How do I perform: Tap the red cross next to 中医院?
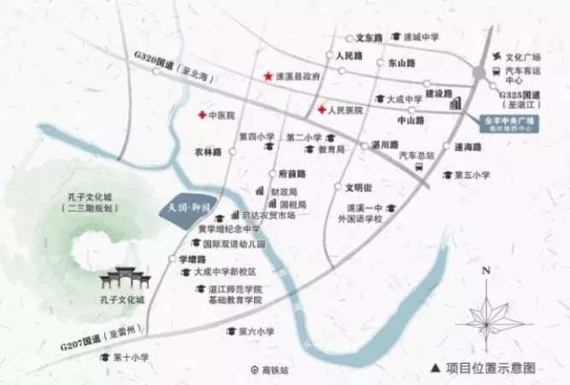click(x=202, y=115)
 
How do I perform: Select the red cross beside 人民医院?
click(x=321, y=110)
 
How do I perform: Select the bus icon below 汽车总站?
click(x=419, y=169)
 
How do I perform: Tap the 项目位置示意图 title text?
click(x=490, y=368)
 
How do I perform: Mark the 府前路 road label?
click(x=291, y=173)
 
